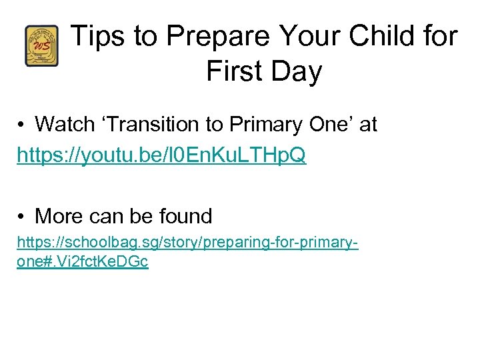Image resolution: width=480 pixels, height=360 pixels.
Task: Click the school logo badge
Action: coord(42,46)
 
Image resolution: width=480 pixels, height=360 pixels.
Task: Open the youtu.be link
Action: coord(161,155)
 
